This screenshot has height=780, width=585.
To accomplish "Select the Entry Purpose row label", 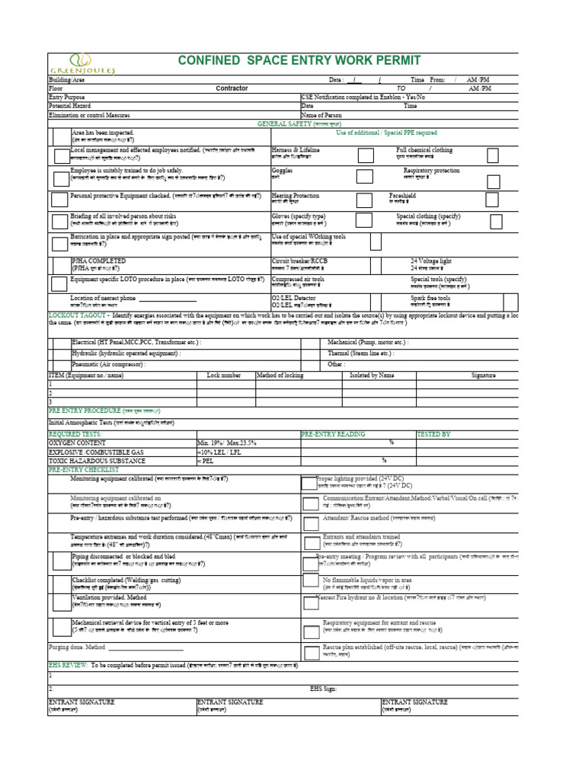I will [x=68, y=97].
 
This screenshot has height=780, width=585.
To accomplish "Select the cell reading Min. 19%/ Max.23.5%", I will [x=227, y=443].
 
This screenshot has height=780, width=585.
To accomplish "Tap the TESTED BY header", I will [x=433, y=433].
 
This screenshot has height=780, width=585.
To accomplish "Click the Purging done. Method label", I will [x=75, y=647].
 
